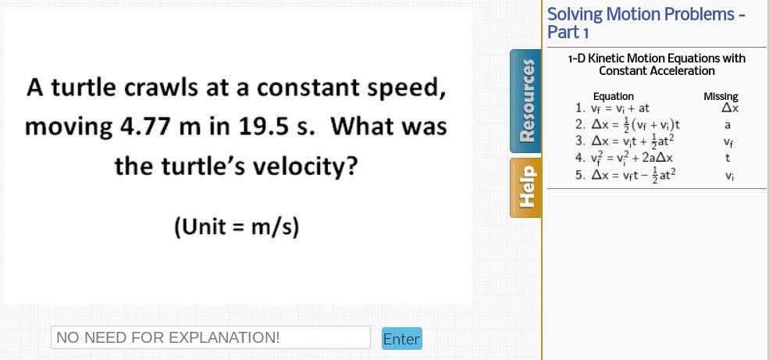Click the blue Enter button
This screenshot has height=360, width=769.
(401, 338)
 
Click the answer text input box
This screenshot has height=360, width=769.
(210, 337)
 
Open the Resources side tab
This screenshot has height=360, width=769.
(525, 101)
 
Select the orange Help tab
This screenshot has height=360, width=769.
(525, 187)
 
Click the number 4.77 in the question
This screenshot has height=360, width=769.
(144, 127)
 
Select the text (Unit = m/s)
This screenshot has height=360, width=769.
(237, 227)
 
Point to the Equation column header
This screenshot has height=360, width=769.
(614, 97)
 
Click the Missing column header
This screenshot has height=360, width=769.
(721, 97)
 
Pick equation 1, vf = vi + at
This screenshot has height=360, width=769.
(613, 109)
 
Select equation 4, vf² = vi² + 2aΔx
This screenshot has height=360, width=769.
(625, 158)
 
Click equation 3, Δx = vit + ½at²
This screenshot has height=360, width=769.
(625, 141)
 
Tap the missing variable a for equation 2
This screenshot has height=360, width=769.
(728, 125)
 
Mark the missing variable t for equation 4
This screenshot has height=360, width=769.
(728, 158)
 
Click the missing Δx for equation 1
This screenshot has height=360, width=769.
(730, 109)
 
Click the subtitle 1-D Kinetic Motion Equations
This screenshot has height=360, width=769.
(657, 65)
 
